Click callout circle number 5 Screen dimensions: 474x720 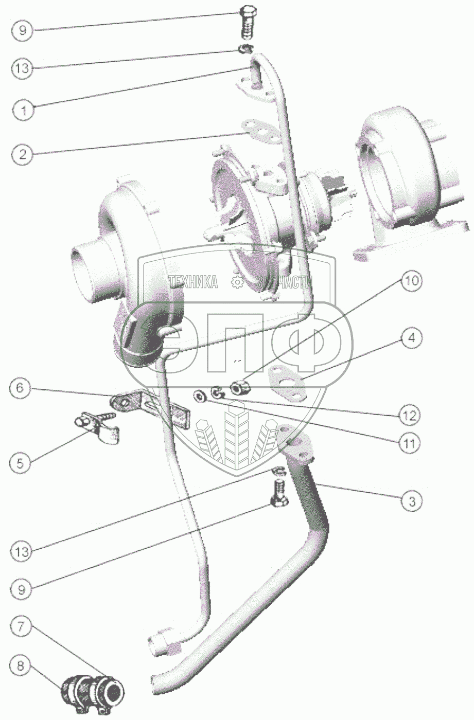[21, 463]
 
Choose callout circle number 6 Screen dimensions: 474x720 [21, 388]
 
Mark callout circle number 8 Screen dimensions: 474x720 [21, 667]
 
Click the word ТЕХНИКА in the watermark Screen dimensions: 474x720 [193, 281]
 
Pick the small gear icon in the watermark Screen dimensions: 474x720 [237, 281]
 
